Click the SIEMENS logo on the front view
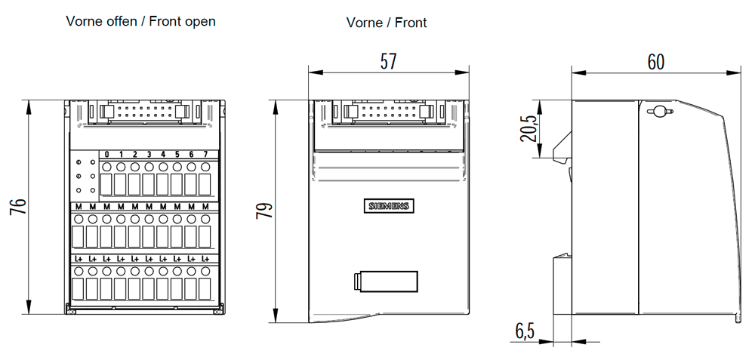click(388, 206)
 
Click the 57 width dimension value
click(389, 62)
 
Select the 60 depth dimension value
click(656, 62)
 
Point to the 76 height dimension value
click(18, 207)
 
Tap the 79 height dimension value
click(264, 211)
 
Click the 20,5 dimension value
click(528, 128)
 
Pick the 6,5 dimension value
click(525, 331)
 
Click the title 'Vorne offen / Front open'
click(141, 21)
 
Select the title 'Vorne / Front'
click(387, 22)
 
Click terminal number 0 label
click(107, 155)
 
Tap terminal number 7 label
click(205, 155)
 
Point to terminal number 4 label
click(163, 155)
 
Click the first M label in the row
click(79, 207)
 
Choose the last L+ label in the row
click(205, 258)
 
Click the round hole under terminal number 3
click(149, 167)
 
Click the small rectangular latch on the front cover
click(385, 282)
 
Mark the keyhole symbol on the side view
click(660, 112)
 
